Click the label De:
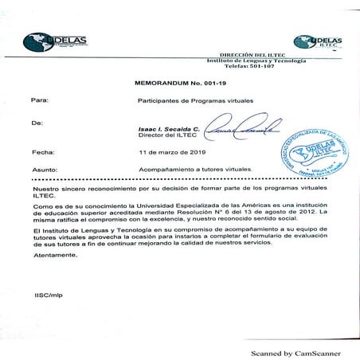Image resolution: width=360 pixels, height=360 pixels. point(37,123)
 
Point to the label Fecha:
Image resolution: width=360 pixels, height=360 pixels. point(41,151)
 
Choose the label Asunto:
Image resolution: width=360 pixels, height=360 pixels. point(44,170)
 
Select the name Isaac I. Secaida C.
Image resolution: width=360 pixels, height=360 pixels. point(165,128)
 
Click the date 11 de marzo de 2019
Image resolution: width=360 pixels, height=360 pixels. point(172,151)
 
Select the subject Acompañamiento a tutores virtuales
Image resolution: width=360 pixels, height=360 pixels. point(195,170)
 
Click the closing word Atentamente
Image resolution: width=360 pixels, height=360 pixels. point(56,256)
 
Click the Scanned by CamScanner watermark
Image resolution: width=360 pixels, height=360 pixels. point(295,352)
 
